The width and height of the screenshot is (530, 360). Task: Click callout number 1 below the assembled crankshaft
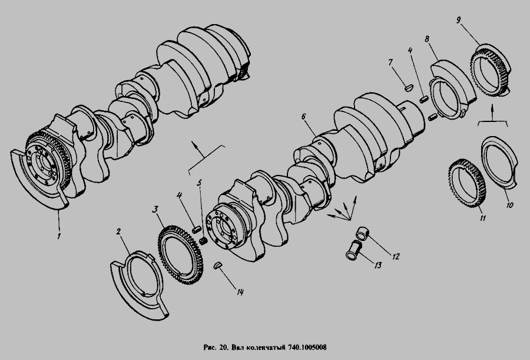click(x=59, y=236)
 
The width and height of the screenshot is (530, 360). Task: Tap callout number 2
click(x=118, y=232)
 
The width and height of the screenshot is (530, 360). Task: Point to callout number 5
click(x=200, y=183)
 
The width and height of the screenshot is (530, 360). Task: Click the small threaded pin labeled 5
click(x=204, y=240)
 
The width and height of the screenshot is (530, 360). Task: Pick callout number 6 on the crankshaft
click(x=303, y=117)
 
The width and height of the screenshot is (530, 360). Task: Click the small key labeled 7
click(x=409, y=88)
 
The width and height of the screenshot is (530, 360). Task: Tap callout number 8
click(x=428, y=39)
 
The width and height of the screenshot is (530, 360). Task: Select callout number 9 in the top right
click(x=458, y=20)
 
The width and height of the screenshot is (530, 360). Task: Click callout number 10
click(x=510, y=204)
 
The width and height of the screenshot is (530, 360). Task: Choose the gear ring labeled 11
click(x=467, y=183)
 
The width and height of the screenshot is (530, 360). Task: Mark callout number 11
click(x=483, y=218)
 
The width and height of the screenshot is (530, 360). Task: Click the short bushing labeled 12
click(x=363, y=234)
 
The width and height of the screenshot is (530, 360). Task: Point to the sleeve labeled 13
click(x=354, y=250)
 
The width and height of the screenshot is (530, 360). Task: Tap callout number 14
click(x=240, y=292)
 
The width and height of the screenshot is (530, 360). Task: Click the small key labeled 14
click(x=218, y=265)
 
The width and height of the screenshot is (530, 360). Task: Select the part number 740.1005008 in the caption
click(x=307, y=348)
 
